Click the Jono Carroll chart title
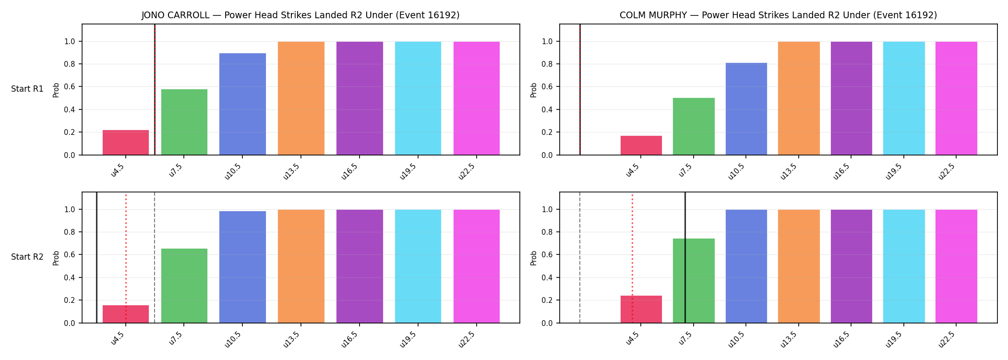(300, 15)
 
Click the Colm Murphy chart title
(778, 15)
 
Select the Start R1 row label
(27, 89)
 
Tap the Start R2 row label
(27, 257)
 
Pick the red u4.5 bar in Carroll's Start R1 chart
(126, 143)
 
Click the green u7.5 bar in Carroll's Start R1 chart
(184, 122)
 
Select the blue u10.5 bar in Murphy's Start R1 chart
(746, 109)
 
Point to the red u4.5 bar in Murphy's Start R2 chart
(641, 309)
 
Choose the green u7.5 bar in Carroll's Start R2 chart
(184, 286)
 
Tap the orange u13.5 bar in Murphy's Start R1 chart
(799, 98)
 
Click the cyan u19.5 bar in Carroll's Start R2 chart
(418, 266)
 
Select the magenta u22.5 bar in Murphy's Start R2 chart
(956, 266)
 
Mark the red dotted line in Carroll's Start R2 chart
(126, 258)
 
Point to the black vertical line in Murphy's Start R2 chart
(685, 257)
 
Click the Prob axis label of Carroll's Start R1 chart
(56, 90)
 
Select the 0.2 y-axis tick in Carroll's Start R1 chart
(69, 132)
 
